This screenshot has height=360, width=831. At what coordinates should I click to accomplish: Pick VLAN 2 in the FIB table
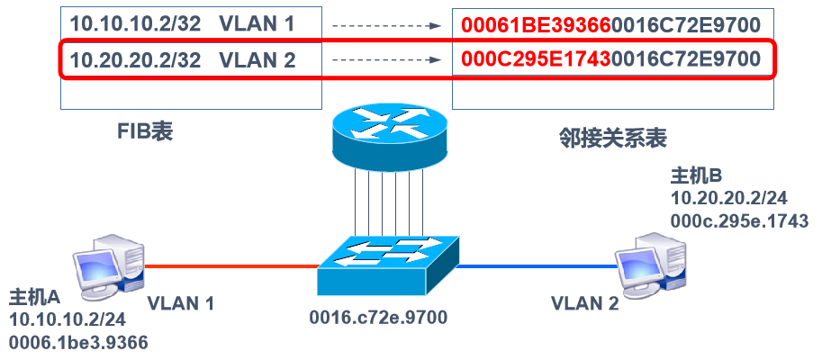tap(257, 61)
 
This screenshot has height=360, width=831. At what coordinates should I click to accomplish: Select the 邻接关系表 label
tap(611, 138)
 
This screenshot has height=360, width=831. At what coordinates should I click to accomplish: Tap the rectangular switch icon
tap(384, 266)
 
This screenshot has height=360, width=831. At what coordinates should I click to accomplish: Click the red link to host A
tap(230, 266)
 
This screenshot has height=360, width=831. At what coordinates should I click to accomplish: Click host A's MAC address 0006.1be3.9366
tap(78, 342)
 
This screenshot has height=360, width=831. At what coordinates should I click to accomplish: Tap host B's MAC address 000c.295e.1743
tap(739, 220)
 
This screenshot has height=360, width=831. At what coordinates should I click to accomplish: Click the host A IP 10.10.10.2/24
tap(68, 319)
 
